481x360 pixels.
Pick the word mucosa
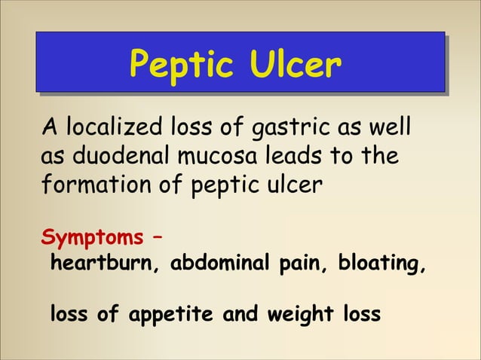pyautogui.click(x=210, y=157)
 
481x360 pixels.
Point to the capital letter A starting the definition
pyautogui.click(x=46, y=130)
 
